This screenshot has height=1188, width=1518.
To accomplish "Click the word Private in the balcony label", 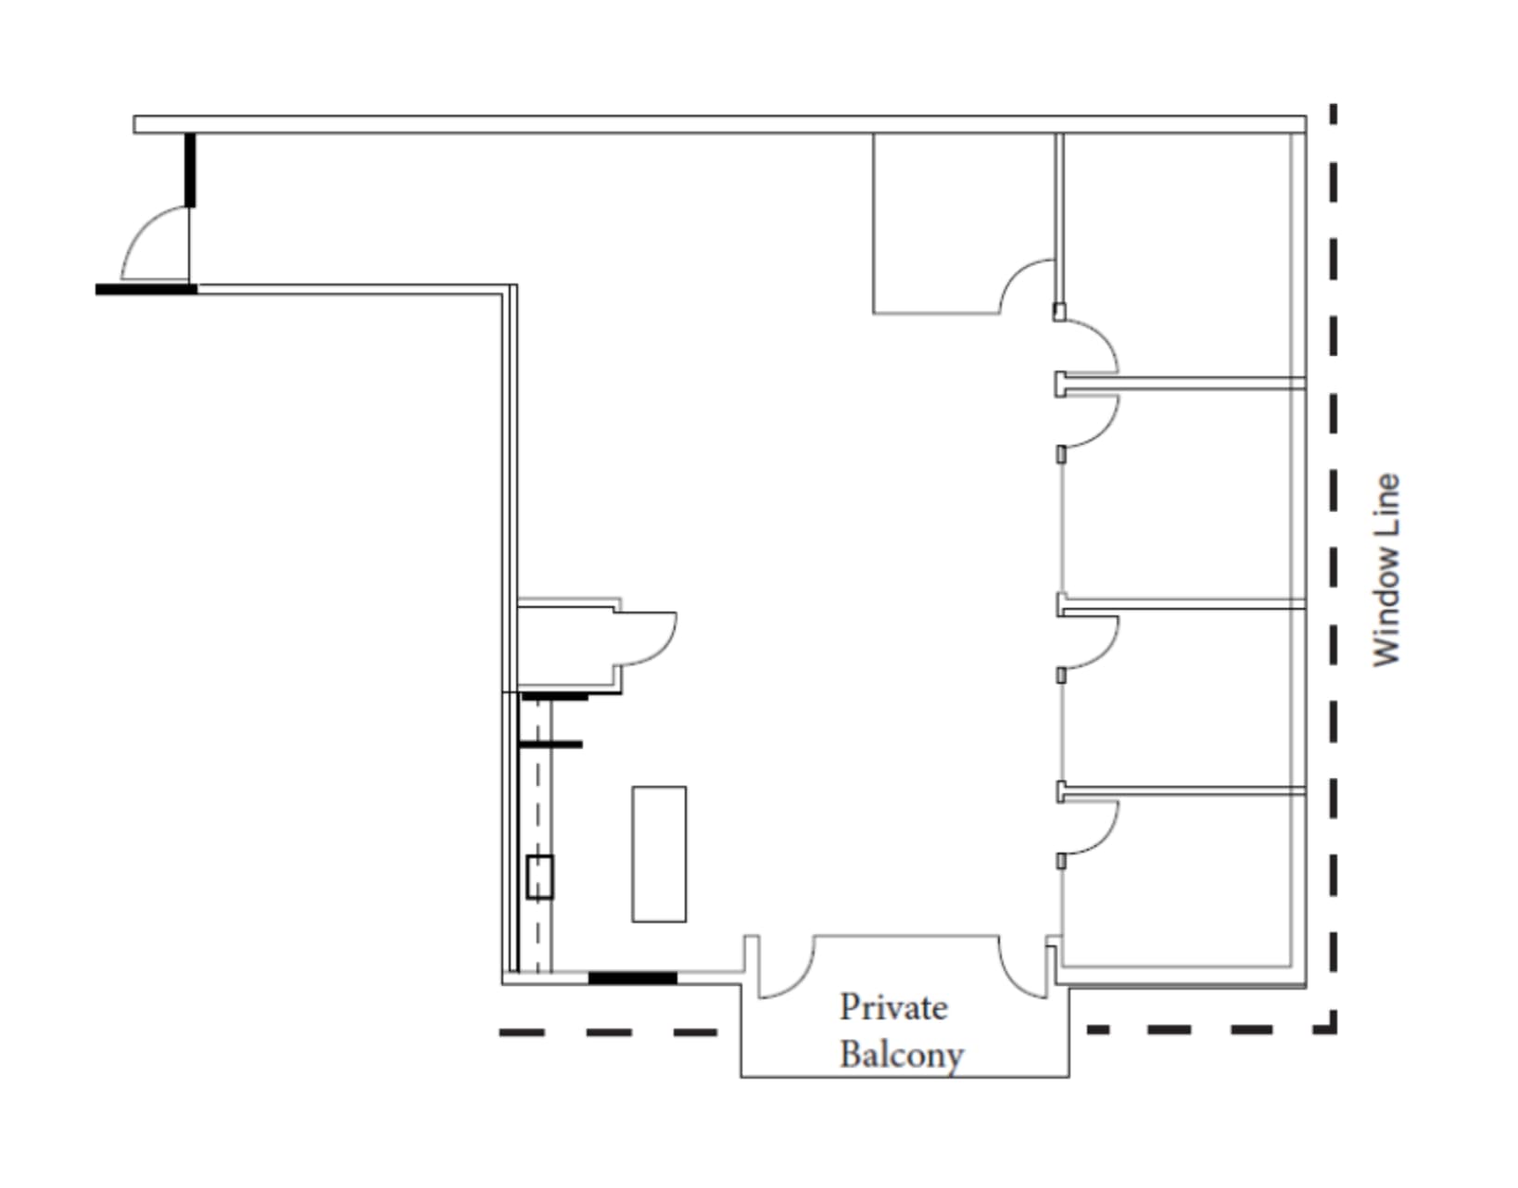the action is (892, 1008).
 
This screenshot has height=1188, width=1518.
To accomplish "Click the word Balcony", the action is (901, 1055).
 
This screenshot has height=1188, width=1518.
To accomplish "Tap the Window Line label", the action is (1386, 570).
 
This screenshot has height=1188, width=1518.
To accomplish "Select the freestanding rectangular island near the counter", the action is (659, 854).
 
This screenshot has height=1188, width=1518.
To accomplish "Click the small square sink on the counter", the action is (540, 877).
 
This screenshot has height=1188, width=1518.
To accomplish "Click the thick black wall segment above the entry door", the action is (190, 170).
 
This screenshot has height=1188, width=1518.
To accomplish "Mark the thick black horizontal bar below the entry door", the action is (146, 289).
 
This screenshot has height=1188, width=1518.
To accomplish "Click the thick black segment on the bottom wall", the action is (633, 978).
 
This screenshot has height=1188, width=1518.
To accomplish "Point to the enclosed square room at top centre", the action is (963, 223).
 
